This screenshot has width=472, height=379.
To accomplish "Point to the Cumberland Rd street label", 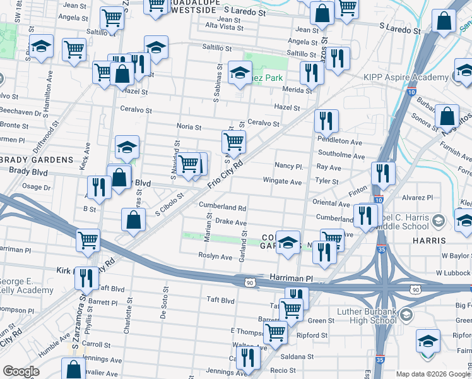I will click(223, 207).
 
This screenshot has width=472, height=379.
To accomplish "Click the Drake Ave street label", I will click(230, 222).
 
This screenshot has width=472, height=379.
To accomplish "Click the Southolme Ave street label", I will click(341, 155).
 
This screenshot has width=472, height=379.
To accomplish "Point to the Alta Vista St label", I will click(225, 27).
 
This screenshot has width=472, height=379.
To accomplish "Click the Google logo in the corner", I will click(21, 371).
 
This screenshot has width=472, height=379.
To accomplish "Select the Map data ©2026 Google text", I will click(433, 374).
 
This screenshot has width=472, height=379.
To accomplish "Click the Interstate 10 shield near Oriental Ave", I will click(377, 200).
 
